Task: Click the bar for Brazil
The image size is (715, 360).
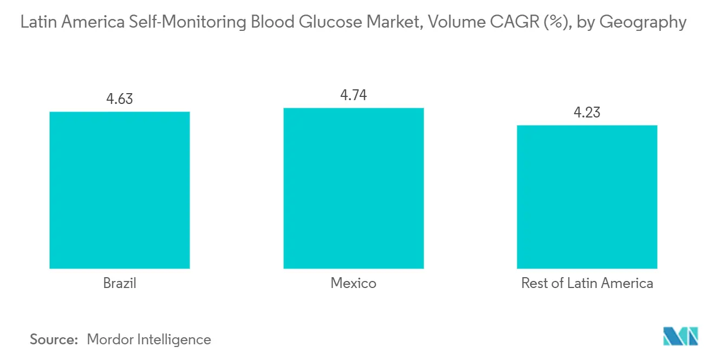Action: pos(119,190)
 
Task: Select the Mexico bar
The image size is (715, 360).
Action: pos(353,188)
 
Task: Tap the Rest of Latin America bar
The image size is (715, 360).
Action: pos(587,197)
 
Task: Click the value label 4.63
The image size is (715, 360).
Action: pos(119,99)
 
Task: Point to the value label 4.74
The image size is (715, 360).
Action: pos(353,95)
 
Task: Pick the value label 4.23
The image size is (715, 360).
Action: pos(587,113)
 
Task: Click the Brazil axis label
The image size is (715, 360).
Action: pos(119,283)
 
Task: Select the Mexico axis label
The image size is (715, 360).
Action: pos(353,283)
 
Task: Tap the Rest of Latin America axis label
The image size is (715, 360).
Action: pos(587,283)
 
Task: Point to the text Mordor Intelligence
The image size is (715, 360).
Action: pos(149,339)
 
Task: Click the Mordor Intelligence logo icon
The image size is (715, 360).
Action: pos(680,336)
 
